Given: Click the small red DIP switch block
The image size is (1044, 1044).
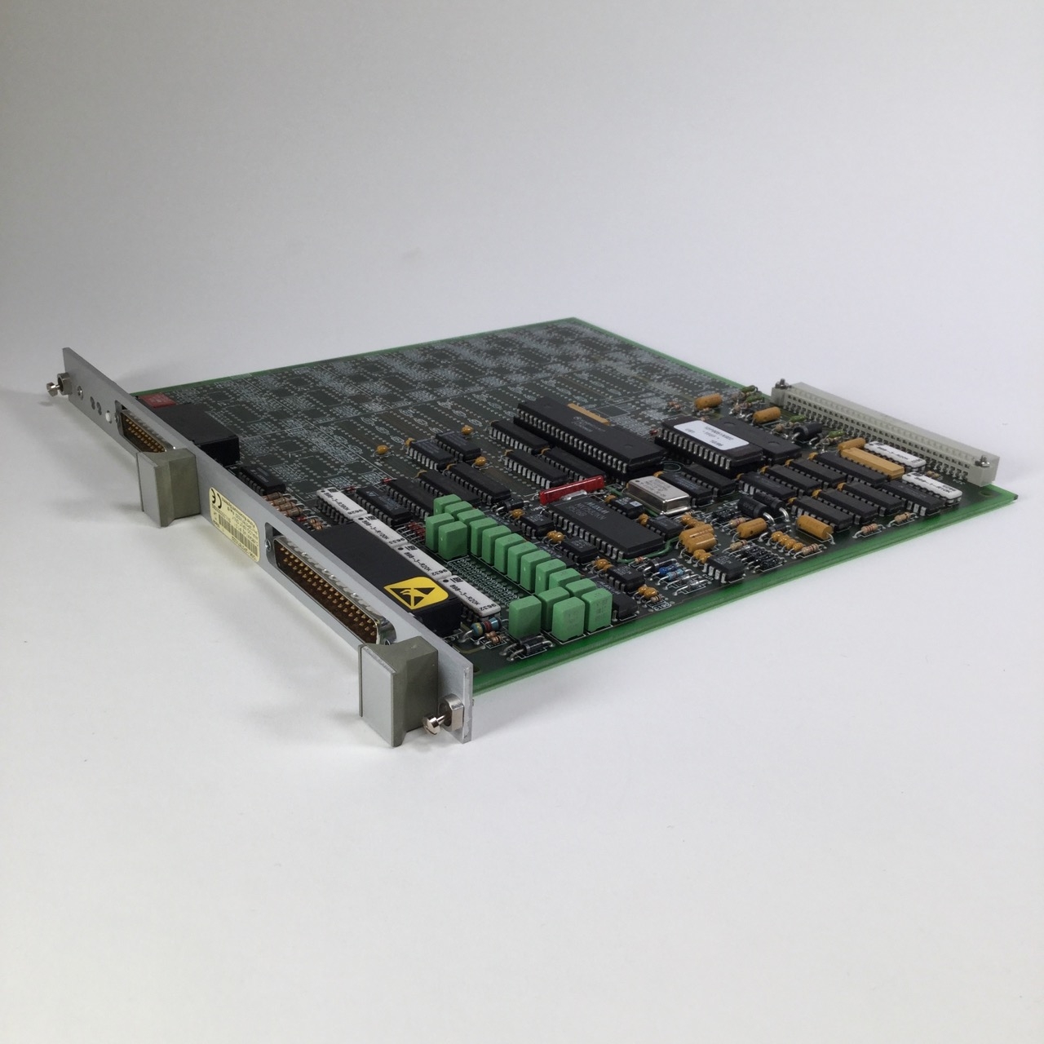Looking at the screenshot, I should [149, 400].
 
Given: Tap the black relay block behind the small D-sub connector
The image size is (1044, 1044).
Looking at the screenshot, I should [200, 432].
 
